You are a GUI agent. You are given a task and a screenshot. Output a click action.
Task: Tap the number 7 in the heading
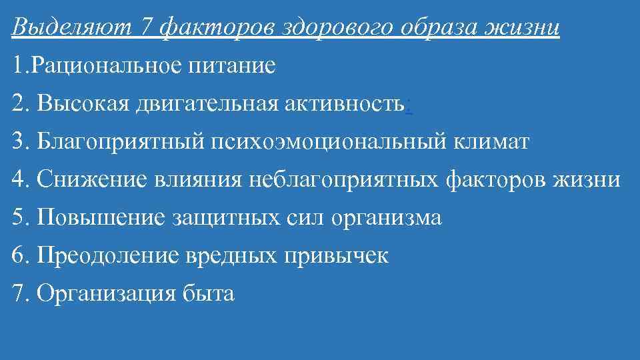click(x=147, y=28)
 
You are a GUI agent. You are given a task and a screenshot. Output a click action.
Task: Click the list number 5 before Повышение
click(x=17, y=218)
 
